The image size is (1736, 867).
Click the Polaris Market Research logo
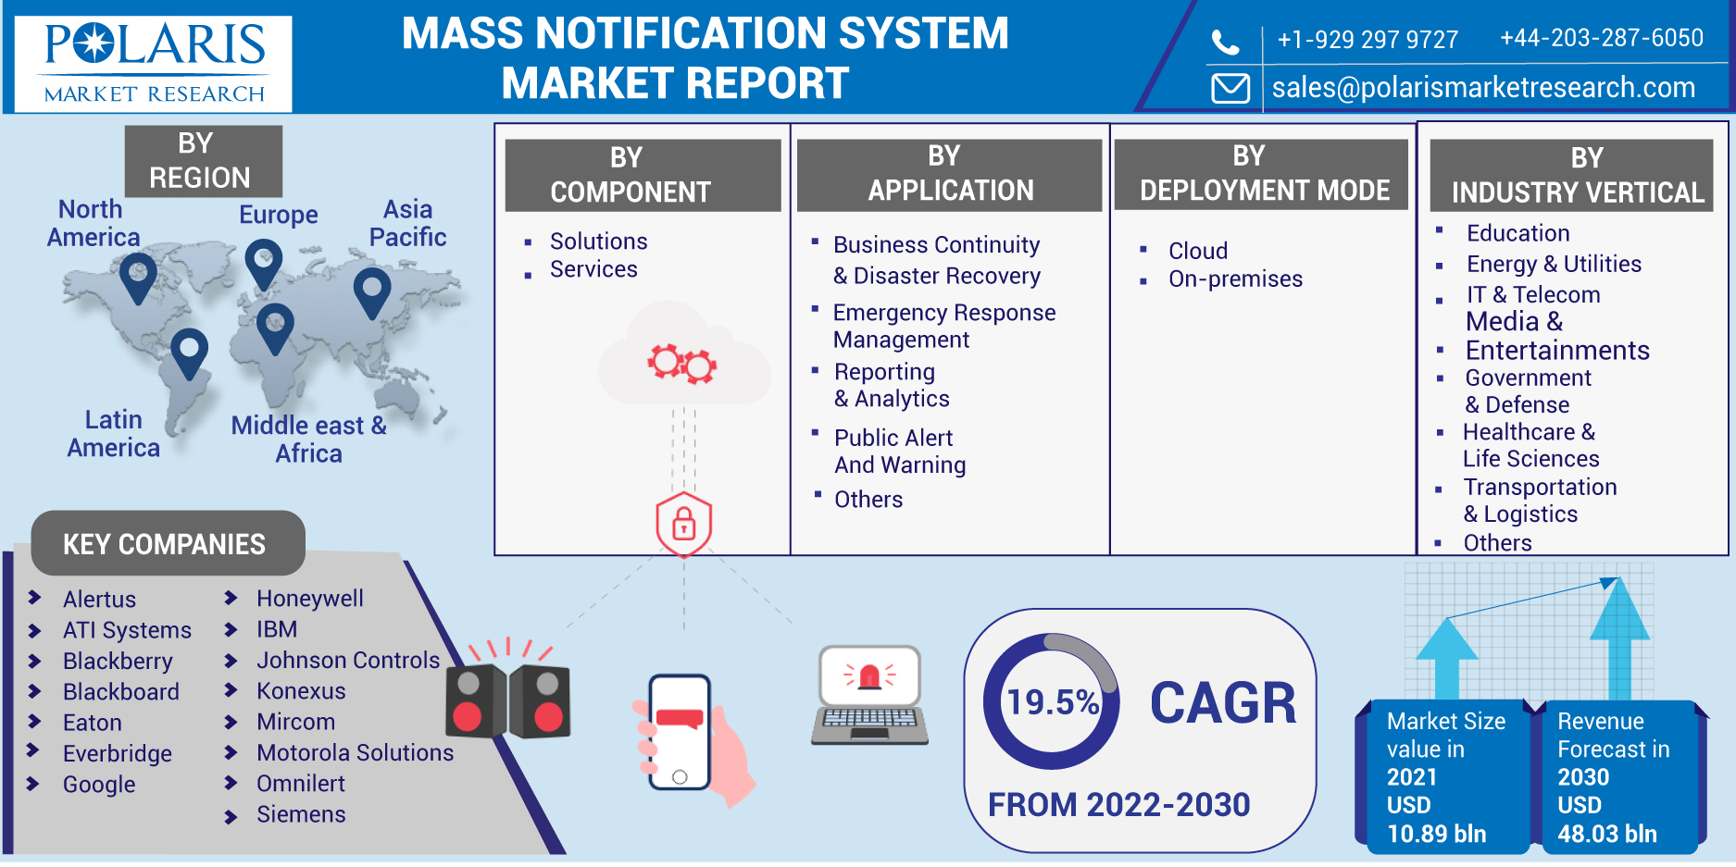click(154, 64)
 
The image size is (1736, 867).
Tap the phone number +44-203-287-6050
click(1601, 38)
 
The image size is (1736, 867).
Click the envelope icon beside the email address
click(1230, 88)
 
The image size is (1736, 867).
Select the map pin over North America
click(138, 276)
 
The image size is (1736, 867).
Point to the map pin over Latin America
click(190, 352)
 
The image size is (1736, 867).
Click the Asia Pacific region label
click(407, 223)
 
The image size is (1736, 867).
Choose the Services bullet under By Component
click(593, 269)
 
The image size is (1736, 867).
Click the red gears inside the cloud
click(682, 363)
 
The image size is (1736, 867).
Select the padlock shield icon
click(683, 524)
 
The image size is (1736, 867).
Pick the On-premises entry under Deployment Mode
click(1235, 279)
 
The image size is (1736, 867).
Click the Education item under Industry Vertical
click(1517, 233)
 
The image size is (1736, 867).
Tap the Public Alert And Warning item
click(899, 451)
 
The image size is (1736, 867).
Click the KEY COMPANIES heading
click(165, 544)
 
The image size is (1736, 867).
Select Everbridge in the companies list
click(118, 753)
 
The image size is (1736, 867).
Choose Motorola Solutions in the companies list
click(355, 752)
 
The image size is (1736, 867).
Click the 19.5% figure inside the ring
click(1052, 702)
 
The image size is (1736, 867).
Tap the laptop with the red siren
click(869, 694)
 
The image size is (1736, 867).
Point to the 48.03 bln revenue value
click(1606, 834)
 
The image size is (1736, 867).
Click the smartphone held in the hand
click(680, 731)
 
